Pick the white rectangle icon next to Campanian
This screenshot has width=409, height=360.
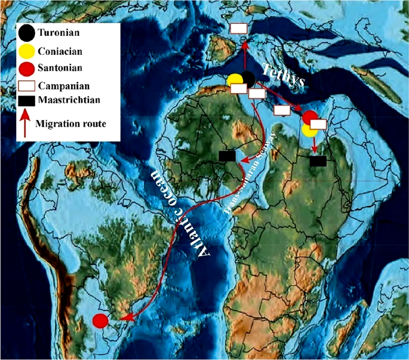pos(26,84)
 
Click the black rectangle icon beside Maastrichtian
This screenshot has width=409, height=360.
pos(26,100)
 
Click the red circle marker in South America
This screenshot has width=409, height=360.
pos(100,321)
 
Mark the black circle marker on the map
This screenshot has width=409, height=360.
pos(247,78)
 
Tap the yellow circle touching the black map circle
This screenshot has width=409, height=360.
pos(235,81)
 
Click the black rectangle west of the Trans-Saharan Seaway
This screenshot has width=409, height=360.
pos(227,156)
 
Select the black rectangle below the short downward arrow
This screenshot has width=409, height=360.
pos(318,161)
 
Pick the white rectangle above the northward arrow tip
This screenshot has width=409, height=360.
pos(239,28)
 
